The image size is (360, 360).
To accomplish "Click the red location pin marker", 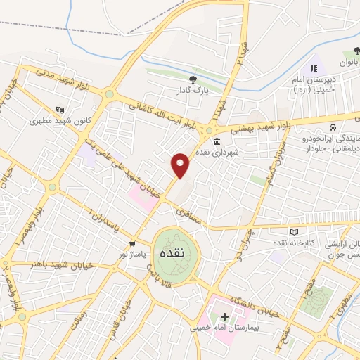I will [x=181, y=165].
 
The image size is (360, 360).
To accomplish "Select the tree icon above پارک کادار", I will [x=194, y=79].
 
